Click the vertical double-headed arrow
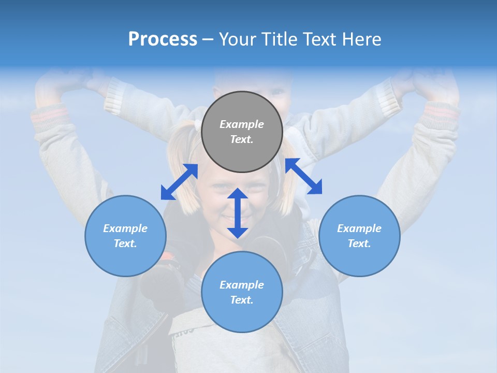click(x=238, y=213)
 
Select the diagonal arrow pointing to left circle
click(x=179, y=182)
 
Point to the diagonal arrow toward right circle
click(x=303, y=176)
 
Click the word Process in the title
click(x=163, y=39)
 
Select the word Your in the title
click(x=237, y=39)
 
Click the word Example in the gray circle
click(x=242, y=124)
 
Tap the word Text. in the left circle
click(x=125, y=243)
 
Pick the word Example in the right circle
click(x=359, y=228)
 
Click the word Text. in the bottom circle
click(x=242, y=300)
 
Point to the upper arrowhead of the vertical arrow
click(x=238, y=194)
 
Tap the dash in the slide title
click(x=208, y=39)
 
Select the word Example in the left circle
click(x=125, y=228)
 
